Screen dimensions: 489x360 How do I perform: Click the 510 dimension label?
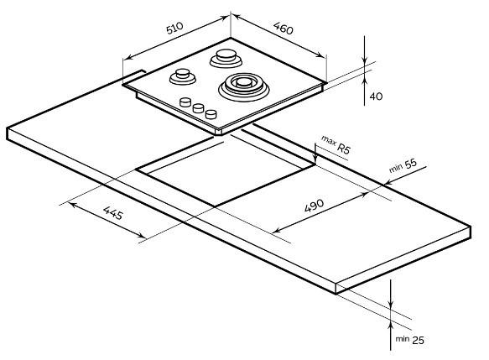click(x=174, y=28)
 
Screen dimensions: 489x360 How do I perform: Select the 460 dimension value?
click(x=284, y=29)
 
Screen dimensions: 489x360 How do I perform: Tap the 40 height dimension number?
click(x=376, y=97)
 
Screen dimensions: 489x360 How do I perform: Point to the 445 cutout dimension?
click(x=113, y=213)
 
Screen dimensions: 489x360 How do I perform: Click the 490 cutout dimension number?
click(x=314, y=206)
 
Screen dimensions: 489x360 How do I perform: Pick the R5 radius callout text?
click(x=344, y=149)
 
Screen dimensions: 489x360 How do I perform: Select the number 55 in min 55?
click(x=411, y=164)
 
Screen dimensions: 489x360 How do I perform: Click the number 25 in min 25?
click(x=418, y=340)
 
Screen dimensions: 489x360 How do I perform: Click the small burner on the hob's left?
click(x=183, y=76)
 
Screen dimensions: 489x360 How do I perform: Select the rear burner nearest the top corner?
click(x=226, y=59)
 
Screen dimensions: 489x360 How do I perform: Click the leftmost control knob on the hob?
click(x=185, y=102)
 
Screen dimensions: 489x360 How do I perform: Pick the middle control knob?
click(x=198, y=108)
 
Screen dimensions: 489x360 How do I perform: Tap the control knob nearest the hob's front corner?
click(x=211, y=114)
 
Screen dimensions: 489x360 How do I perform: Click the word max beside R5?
click(x=329, y=141)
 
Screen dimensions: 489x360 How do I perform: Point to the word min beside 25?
click(x=403, y=339)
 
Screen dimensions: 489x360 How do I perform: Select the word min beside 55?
click(x=396, y=169)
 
